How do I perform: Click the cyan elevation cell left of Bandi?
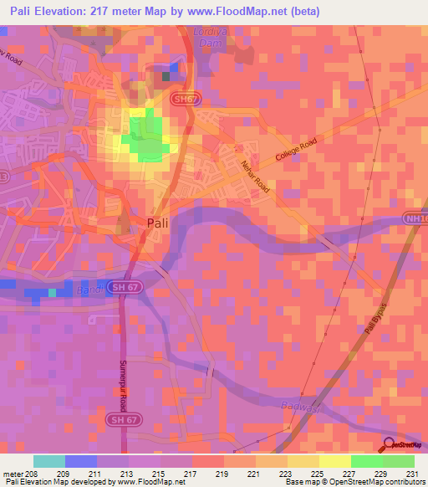[x=52, y=293]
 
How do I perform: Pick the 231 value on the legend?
[x=413, y=473]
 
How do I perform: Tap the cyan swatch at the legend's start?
[x=48, y=461]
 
